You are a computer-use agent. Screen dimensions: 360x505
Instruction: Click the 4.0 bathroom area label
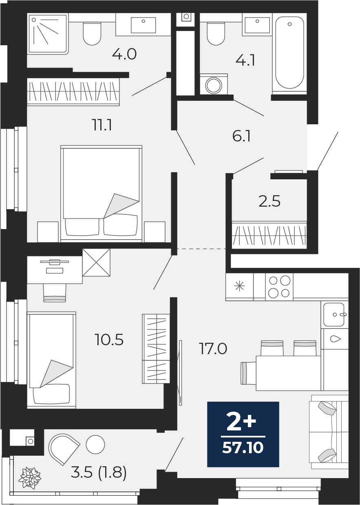124,54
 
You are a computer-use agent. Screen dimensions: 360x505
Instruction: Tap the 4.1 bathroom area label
245,60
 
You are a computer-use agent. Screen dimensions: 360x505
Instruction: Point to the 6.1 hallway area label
241,136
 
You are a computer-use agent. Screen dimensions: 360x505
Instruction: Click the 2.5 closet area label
269,201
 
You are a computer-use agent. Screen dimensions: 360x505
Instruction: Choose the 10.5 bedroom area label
109,340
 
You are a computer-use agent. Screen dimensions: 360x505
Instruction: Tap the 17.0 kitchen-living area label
213,348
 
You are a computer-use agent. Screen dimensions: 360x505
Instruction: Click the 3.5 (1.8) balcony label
99,472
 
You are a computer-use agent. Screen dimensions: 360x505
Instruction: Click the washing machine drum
213,85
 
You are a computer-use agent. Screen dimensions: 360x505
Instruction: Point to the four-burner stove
279,287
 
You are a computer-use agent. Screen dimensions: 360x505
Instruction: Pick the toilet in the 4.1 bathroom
216,33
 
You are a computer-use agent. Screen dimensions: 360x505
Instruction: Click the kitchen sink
334,314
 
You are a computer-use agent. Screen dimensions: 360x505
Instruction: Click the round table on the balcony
95,444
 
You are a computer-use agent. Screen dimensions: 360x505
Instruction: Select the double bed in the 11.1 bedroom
101,194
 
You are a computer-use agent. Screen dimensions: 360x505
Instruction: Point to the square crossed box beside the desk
96,262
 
